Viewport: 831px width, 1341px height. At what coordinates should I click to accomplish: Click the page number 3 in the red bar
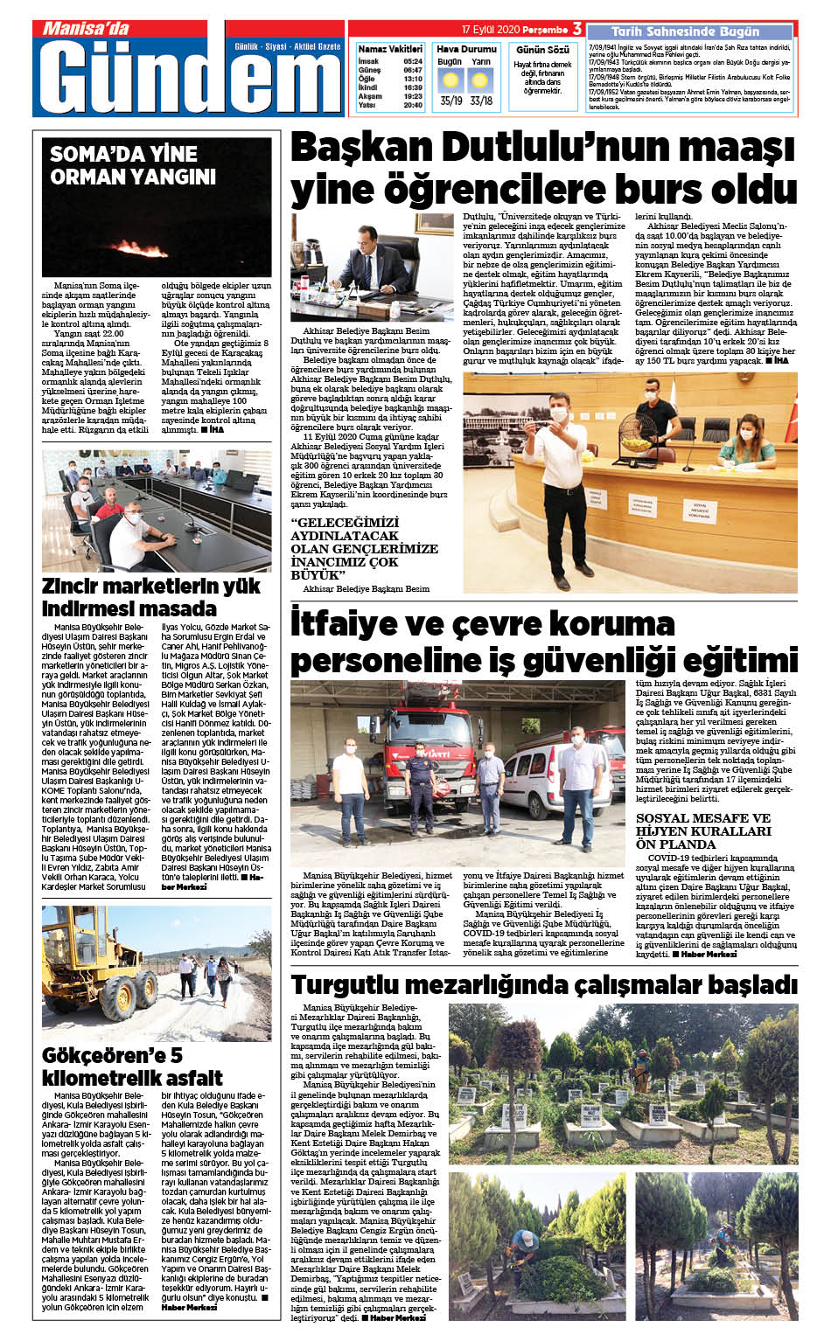577,29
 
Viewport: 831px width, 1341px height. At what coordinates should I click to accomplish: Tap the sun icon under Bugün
450,81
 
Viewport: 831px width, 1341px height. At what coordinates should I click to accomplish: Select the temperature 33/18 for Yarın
480,101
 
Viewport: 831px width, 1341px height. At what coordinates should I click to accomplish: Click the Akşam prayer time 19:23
413,96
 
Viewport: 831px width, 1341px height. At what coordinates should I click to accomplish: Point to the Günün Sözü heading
542,50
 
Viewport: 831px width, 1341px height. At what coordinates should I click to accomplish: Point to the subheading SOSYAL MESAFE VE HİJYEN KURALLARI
703,831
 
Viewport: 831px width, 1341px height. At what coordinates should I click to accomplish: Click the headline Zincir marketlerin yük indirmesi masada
151,597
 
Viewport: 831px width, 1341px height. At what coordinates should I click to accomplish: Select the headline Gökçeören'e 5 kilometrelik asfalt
132,1067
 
